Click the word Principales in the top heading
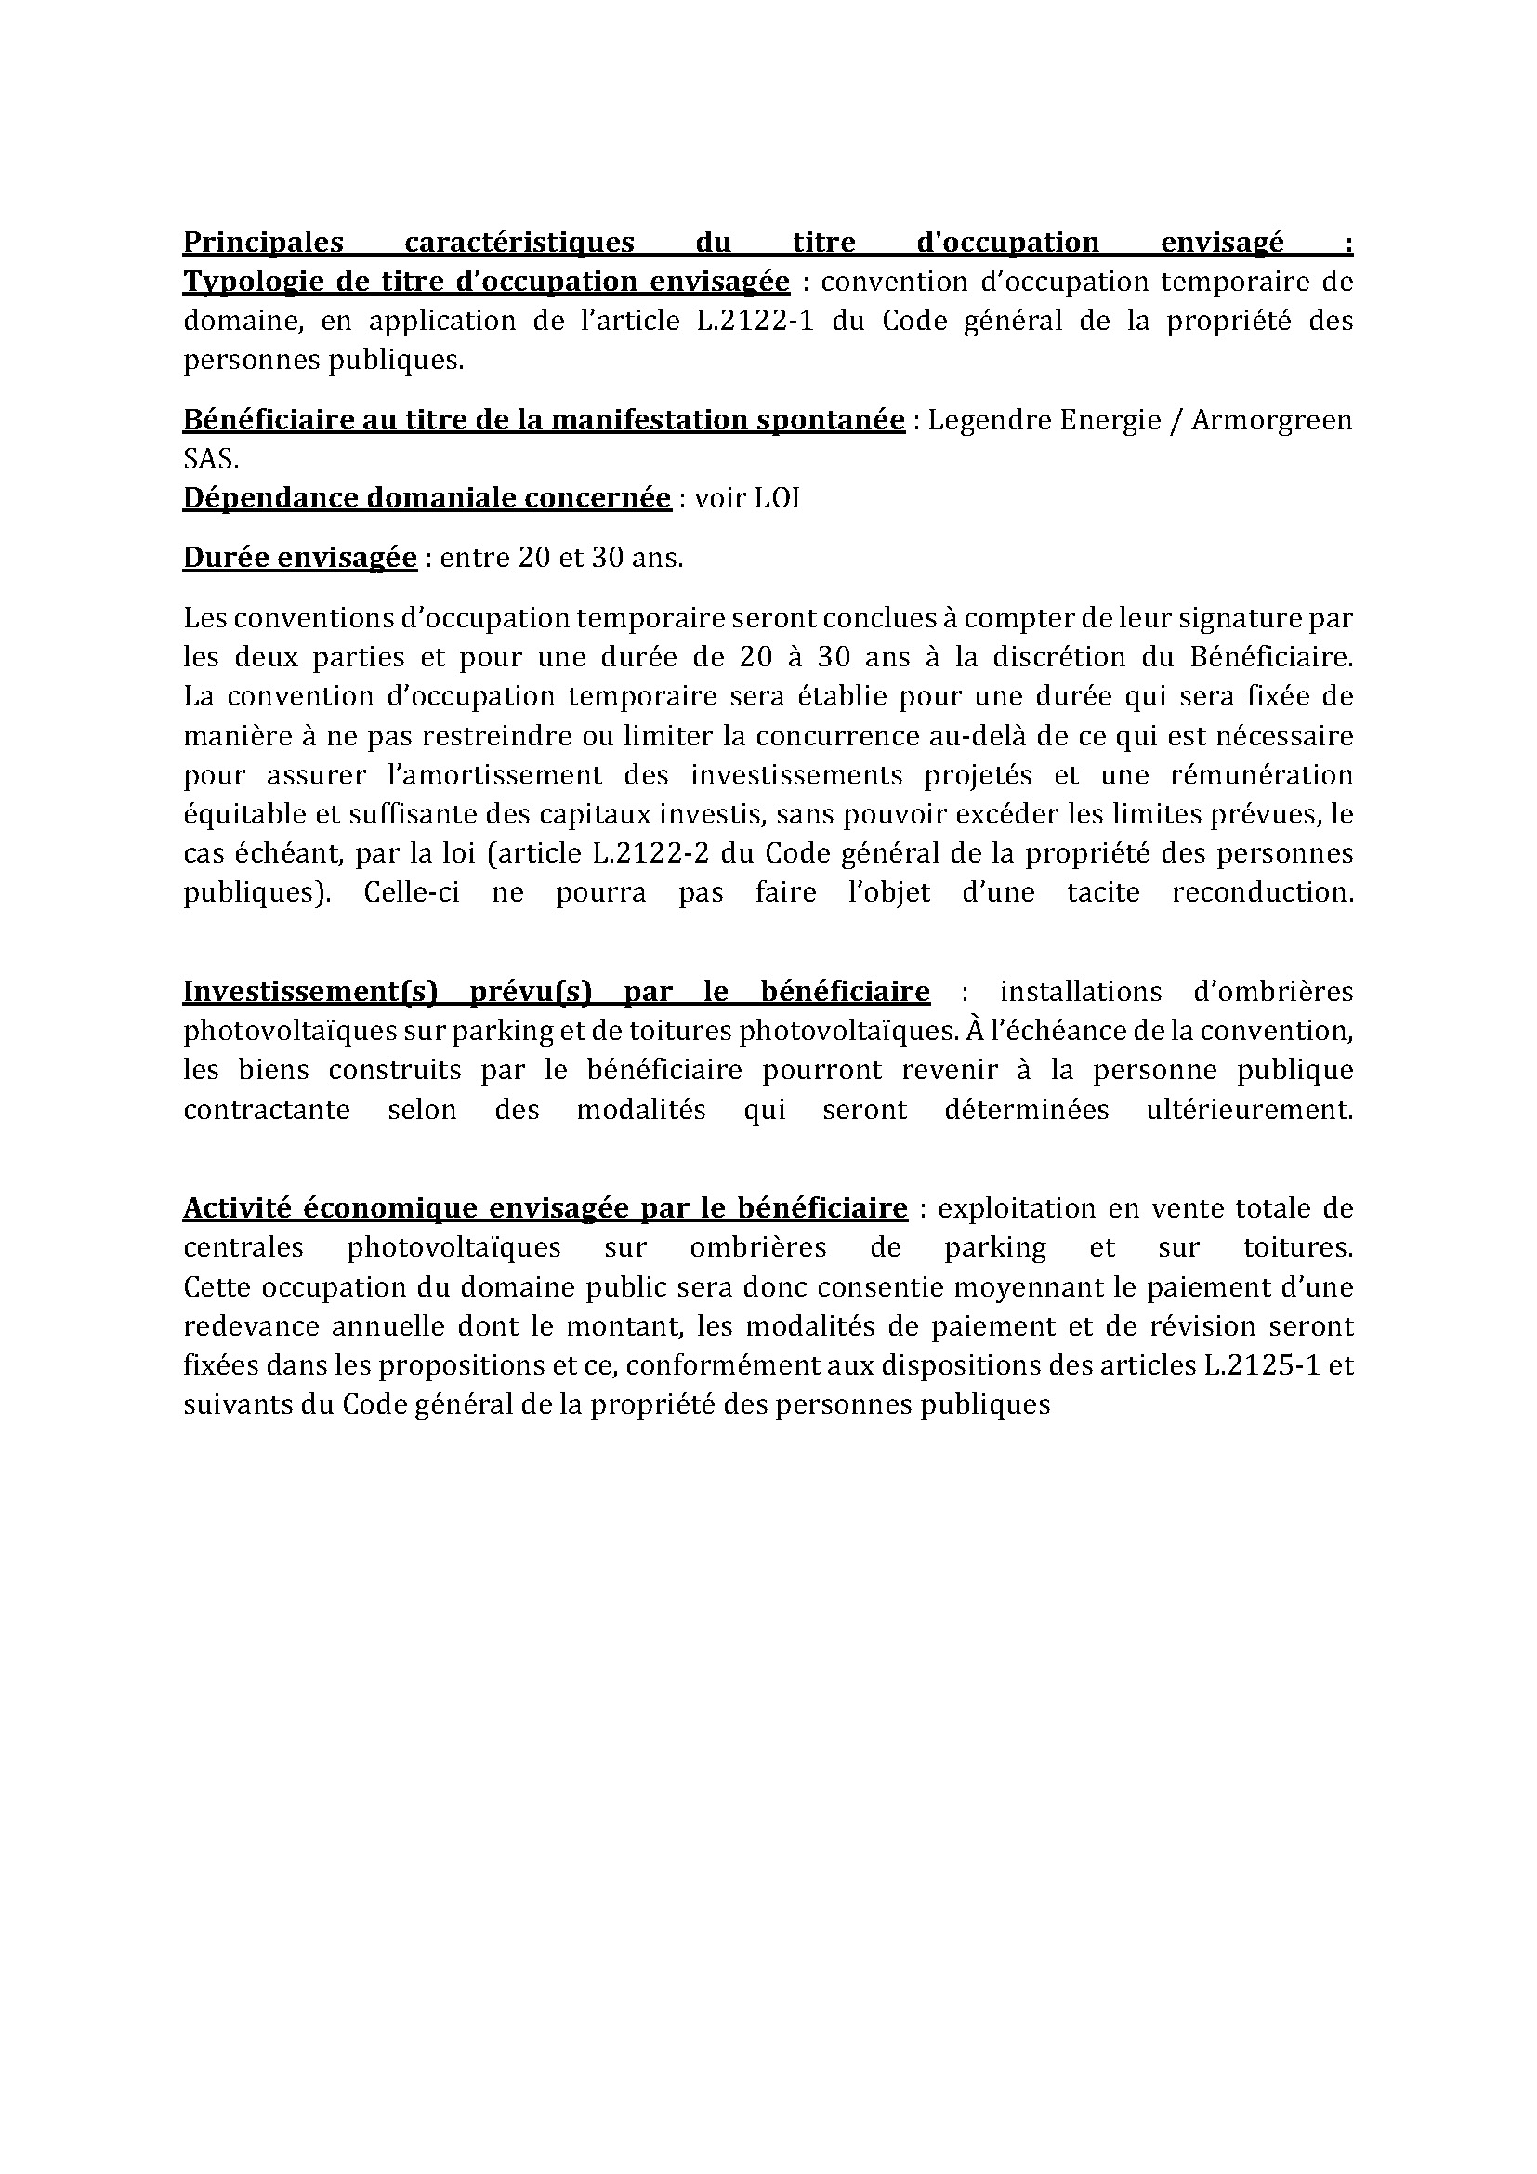point(262,243)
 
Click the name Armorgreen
point(1271,419)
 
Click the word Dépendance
point(269,498)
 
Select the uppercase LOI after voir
point(777,498)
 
